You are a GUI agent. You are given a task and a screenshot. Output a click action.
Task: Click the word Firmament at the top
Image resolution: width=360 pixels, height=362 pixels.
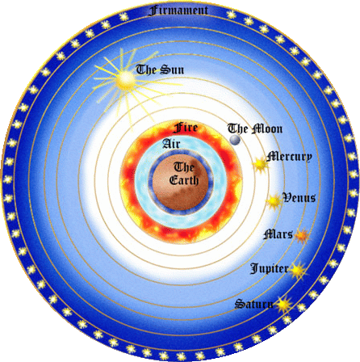(x=178, y=11)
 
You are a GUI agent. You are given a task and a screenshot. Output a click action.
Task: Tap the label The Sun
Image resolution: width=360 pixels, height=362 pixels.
(x=160, y=69)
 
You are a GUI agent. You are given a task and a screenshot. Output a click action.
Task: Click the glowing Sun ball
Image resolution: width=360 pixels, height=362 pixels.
(x=125, y=79)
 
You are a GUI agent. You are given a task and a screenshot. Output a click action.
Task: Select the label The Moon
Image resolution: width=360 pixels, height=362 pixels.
(x=255, y=128)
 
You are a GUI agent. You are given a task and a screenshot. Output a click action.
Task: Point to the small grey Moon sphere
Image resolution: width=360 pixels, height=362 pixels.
(x=235, y=140)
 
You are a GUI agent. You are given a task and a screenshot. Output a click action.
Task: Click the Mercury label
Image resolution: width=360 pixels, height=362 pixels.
(x=289, y=157)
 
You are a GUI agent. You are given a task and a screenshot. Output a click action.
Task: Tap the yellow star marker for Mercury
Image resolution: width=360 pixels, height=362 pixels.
(x=260, y=164)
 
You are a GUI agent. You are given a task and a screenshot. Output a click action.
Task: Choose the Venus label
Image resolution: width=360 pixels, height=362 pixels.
(x=299, y=198)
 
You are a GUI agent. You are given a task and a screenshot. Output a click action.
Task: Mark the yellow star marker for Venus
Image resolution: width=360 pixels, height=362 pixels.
(x=274, y=200)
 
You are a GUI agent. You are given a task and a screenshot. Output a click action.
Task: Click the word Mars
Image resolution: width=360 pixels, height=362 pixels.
(x=278, y=234)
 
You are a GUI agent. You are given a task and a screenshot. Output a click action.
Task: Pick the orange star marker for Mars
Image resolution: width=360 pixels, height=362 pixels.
(x=302, y=236)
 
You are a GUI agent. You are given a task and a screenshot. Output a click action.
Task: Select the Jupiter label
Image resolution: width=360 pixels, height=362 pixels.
(x=270, y=269)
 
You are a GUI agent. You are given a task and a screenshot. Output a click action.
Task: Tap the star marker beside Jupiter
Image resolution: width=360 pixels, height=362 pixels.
(x=298, y=270)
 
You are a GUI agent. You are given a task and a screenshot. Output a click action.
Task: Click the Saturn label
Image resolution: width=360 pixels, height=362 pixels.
(x=254, y=304)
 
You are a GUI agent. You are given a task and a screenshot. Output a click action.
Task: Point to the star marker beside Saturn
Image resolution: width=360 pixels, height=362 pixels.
(x=284, y=305)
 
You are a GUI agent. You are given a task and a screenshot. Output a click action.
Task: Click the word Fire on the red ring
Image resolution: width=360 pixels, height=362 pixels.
(x=186, y=128)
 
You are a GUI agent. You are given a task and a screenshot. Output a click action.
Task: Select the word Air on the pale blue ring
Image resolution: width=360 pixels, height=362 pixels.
(x=171, y=144)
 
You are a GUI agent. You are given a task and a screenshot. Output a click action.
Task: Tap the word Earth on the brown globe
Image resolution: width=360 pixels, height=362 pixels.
(x=184, y=180)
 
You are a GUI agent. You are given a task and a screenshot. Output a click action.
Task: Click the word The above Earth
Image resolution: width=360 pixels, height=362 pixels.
(x=184, y=167)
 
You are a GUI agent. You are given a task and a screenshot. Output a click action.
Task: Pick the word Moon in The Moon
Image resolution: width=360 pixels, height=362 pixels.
(x=267, y=128)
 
